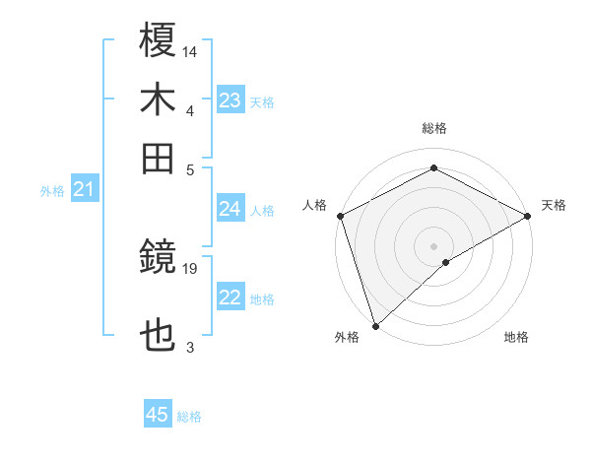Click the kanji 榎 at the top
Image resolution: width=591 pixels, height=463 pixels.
click(159, 41)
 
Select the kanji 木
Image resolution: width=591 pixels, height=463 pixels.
click(159, 100)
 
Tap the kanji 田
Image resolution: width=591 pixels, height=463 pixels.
click(159, 158)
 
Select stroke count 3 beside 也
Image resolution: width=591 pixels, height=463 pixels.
click(190, 347)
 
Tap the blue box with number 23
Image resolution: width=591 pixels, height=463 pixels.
click(230, 100)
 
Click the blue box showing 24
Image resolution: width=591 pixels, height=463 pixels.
click(230, 209)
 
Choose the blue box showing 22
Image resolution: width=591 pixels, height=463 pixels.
click(230, 298)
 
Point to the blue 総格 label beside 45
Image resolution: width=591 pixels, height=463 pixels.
click(190, 417)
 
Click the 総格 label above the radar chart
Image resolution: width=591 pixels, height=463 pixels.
click(434, 128)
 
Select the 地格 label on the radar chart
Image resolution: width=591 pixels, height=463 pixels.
click(516, 337)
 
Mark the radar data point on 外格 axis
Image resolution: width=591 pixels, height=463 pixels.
click(375, 325)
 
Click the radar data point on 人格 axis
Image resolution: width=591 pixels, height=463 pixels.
click(340, 216)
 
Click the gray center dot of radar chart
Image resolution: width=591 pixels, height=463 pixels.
click(434, 245)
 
